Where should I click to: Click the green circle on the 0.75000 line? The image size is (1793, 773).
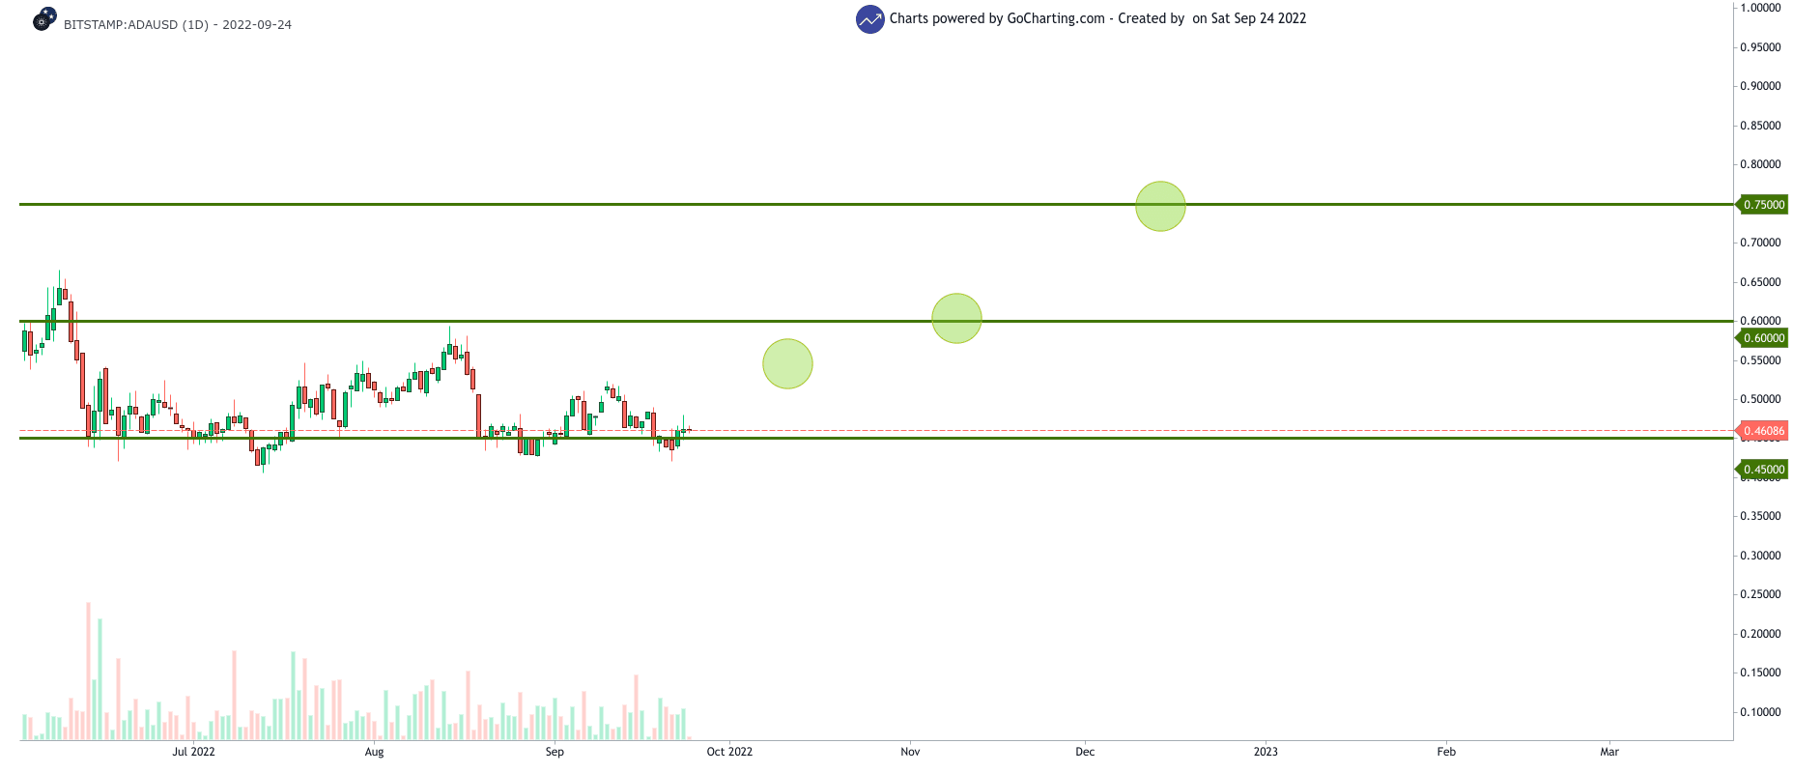(1160, 206)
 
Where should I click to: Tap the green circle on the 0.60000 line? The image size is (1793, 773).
(956, 319)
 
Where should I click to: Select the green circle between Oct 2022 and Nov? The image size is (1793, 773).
(787, 363)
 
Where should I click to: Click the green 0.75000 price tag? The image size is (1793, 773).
(1763, 205)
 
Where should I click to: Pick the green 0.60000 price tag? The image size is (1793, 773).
(1763, 338)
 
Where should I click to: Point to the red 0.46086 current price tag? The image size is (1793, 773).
(1763, 431)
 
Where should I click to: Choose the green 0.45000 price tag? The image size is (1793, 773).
(1763, 470)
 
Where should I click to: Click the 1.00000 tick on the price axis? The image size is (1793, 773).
(1760, 8)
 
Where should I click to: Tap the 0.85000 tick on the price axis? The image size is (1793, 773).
(1760, 126)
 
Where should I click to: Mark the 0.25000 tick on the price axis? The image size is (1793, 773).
(1760, 594)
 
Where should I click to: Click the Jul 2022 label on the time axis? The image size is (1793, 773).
(193, 752)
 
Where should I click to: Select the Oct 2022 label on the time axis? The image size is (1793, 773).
(729, 752)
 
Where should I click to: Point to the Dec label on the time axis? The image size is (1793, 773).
(1085, 752)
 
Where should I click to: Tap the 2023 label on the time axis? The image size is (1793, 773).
(1266, 752)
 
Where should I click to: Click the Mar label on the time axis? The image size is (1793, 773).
(1609, 752)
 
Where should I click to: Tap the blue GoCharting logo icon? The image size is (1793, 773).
(869, 18)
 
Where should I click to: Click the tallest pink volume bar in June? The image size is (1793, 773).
(88, 671)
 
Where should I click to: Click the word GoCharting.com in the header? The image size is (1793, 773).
(1055, 18)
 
